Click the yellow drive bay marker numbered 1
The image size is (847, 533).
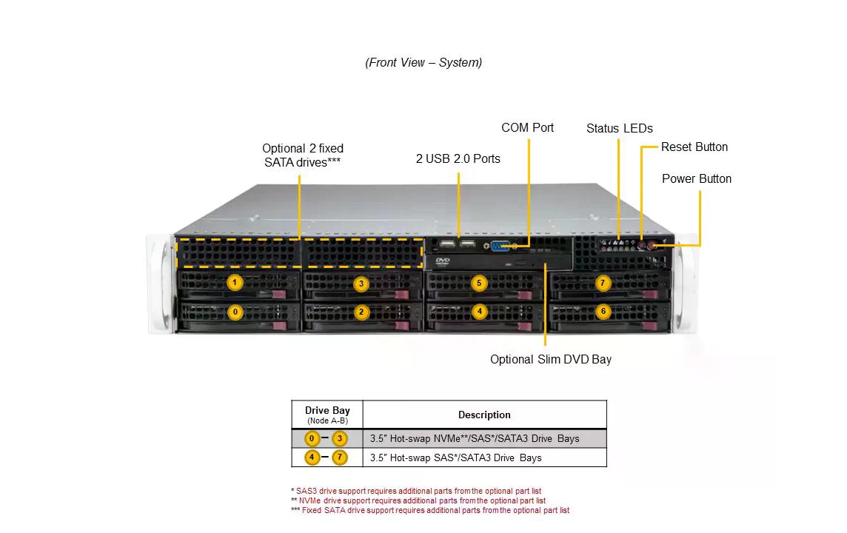pos(235,283)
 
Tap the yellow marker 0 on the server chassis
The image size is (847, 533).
pos(235,312)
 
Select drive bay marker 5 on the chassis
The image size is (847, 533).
pos(479,283)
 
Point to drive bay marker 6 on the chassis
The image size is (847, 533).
pos(603,312)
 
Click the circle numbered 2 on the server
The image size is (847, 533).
pos(361,312)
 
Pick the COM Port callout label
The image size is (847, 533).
pos(527,127)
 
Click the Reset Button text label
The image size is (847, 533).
pos(694,147)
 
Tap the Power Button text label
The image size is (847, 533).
pos(696,178)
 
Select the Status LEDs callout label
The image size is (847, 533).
pos(619,128)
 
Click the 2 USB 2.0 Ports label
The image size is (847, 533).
pos(458,158)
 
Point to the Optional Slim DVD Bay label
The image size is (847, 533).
pos(550,359)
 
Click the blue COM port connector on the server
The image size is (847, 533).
pos(501,246)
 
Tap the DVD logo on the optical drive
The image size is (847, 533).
pos(443,261)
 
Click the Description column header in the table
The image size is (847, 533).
pos(484,415)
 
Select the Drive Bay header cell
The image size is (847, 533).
pos(327,414)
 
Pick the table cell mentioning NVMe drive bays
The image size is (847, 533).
pos(475,438)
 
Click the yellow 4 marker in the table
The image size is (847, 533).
pos(312,457)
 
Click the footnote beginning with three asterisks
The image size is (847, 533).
pos(430,510)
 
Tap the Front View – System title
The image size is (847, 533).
pos(423,62)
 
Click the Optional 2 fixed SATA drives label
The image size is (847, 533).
pos(302,155)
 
